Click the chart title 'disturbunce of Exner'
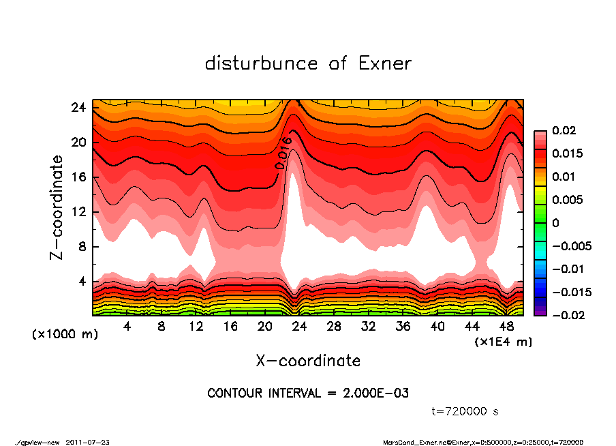308,63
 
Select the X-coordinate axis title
308,360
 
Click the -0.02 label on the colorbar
566,315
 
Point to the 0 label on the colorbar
555,223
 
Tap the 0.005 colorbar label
566,200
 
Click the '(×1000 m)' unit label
59,334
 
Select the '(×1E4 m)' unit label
503,341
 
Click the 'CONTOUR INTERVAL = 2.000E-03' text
308,393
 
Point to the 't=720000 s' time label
467,411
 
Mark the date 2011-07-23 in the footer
88,442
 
